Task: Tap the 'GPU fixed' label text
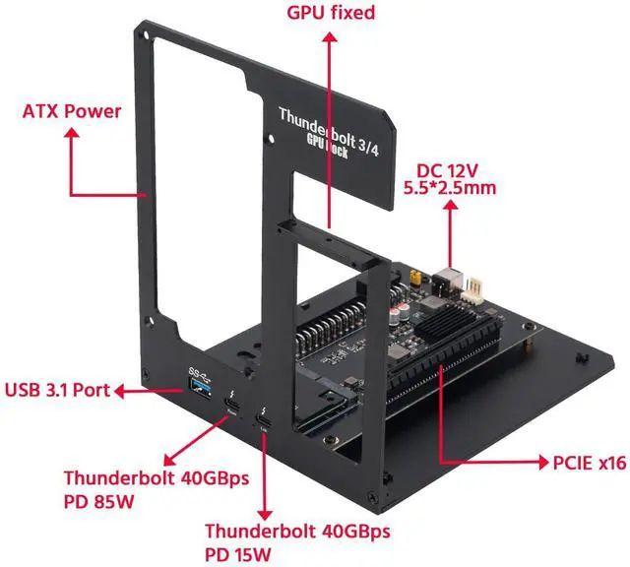[331, 13]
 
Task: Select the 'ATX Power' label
[71, 110]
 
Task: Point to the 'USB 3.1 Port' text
[56, 389]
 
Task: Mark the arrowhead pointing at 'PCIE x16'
[535, 460]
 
